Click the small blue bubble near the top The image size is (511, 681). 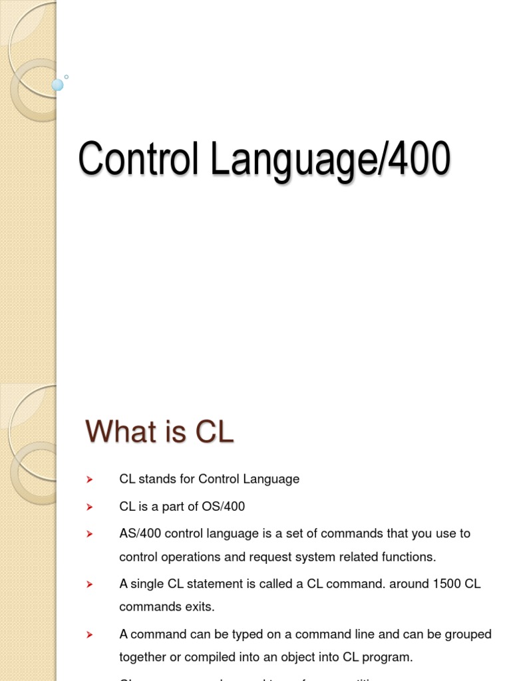click(57, 84)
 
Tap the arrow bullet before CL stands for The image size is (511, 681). click(89, 479)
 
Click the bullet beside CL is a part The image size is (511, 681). click(89, 507)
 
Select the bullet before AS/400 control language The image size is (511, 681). click(89, 534)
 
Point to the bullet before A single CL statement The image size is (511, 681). click(89, 585)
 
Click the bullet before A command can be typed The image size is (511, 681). click(89, 635)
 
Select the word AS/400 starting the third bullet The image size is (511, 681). click(137, 533)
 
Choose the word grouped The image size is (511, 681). click(468, 634)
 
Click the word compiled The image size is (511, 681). click(206, 657)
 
